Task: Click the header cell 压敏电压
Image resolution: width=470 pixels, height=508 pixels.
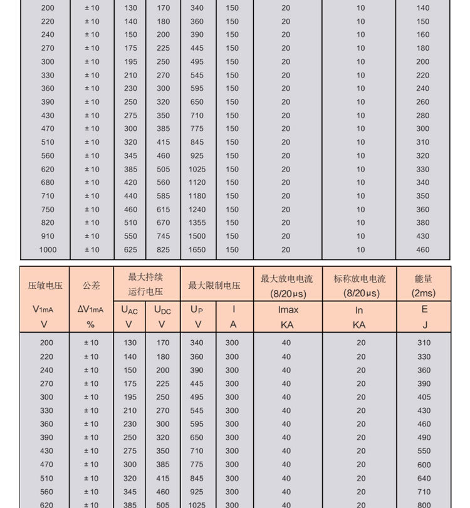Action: tap(45, 286)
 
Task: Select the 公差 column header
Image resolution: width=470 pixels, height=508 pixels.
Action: tap(91, 286)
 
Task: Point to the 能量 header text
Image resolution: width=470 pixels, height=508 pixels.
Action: tap(424, 279)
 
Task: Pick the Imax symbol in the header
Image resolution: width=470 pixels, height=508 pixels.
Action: tap(288, 309)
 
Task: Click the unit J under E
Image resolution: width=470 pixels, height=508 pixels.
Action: tap(424, 324)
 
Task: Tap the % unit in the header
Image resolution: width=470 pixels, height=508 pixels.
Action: tap(91, 324)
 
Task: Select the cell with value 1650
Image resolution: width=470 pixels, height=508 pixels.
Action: tap(197, 250)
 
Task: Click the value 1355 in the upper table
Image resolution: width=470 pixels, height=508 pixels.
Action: tap(197, 223)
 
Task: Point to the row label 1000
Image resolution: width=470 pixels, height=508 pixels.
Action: tap(48, 250)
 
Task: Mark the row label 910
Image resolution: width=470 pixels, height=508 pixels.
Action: tap(48, 236)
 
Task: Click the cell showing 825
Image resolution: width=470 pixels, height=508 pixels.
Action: tap(163, 250)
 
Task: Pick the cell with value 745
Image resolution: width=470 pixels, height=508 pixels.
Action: tap(163, 236)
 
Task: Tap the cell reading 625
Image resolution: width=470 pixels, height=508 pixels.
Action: tap(130, 250)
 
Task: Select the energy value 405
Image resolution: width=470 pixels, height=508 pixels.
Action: tap(424, 397)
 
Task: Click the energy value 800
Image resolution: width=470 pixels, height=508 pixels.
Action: tap(424, 504)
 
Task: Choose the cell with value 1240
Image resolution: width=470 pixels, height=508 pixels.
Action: tap(197, 210)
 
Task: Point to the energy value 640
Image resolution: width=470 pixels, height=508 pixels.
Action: tap(424, 478)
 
